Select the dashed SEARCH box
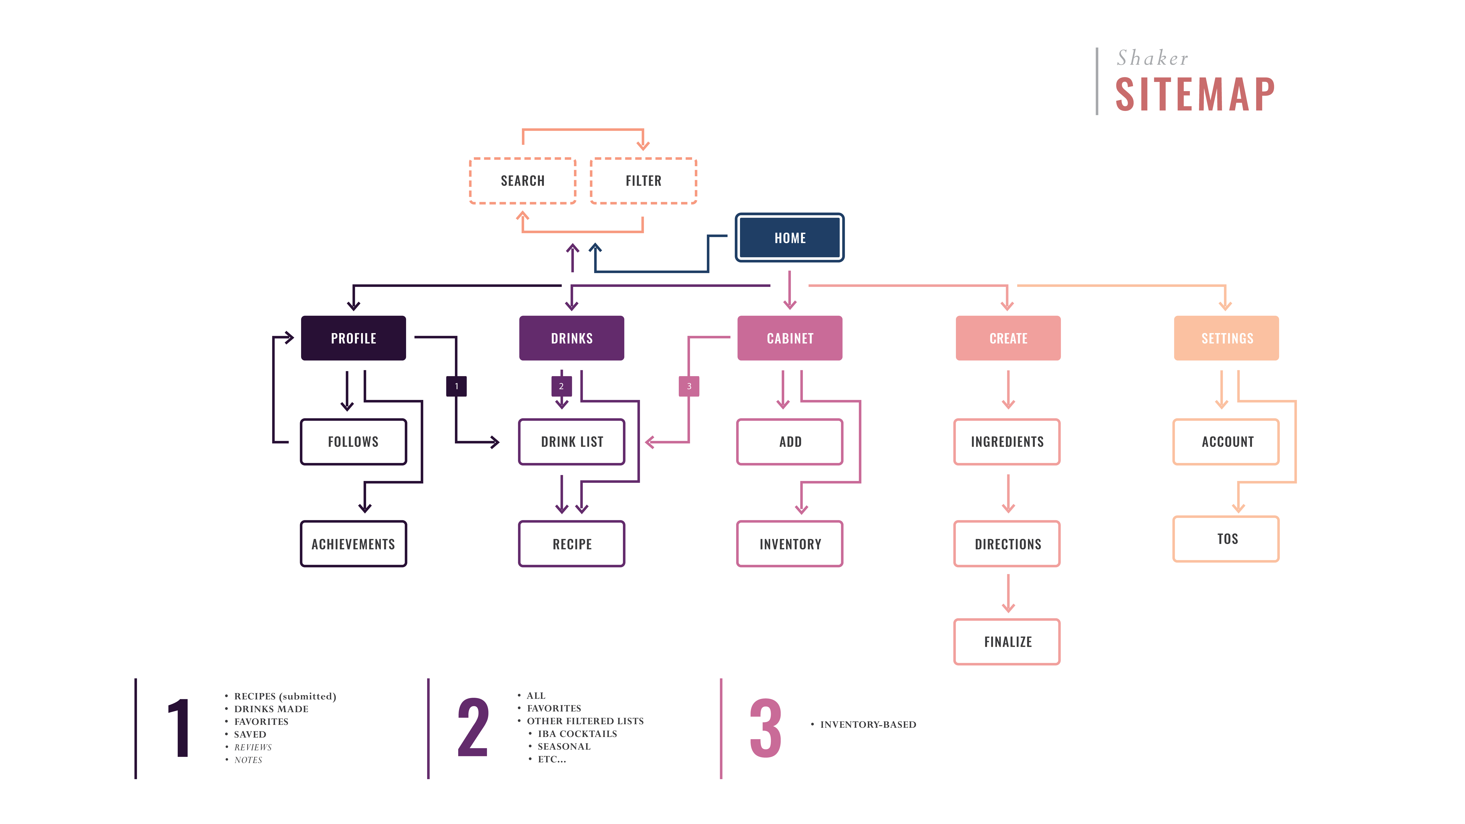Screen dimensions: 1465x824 coord(523,181)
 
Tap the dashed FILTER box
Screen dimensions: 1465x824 coord(643,181)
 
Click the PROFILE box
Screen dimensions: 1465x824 coord(353,338)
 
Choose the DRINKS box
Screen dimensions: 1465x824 coord(572,338)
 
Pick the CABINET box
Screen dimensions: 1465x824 coord(790,338)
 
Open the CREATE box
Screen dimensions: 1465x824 coord(1008,338)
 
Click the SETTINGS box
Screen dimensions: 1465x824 coord(1227,338)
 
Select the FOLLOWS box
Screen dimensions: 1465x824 coord(353,442)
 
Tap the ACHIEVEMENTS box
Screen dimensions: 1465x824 coord(353,544)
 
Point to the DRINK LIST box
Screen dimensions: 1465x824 coord(572,442)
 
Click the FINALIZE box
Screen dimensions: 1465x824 coord(1007,641)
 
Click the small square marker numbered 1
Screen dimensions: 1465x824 coord(456,386)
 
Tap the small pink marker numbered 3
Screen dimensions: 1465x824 coord(689,386)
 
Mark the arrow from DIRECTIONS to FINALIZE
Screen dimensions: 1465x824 coord(1008,593)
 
